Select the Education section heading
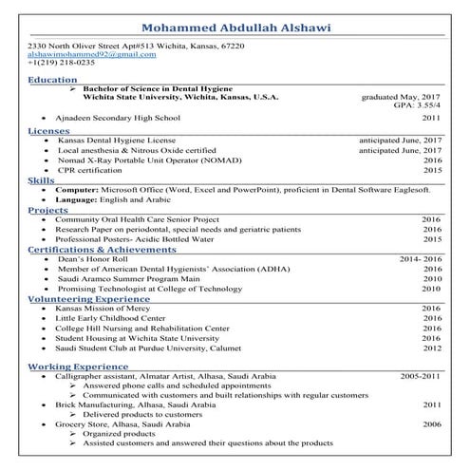click(x=53, y=80)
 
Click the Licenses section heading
click(x=48, y=130)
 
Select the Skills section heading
click(x=41, y=179)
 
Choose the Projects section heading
click(x=48, y=209)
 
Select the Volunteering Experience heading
click(x=90, y=298)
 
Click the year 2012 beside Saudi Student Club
click(x=432, y=348)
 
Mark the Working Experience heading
click(x=77, y=366)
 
